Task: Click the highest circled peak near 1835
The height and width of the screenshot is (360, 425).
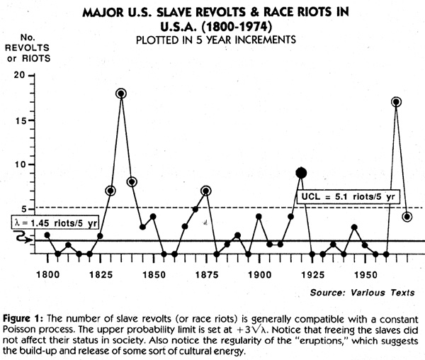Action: point(121,94)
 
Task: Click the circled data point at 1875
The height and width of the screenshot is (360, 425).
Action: point(206,191)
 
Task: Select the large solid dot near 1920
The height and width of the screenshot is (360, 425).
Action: point(302,173)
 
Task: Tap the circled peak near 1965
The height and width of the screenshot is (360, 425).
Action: point(396,102)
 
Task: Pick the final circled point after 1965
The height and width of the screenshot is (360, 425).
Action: point(407,217)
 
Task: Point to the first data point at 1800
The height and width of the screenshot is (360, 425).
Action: point(47,235)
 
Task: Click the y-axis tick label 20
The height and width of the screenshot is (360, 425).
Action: point(19,75)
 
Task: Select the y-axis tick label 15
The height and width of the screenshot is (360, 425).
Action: point(21,120)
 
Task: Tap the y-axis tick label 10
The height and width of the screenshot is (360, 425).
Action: point(21,164)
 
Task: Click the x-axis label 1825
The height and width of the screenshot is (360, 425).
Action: point(101,275)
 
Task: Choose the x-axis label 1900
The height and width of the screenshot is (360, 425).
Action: point(260,275)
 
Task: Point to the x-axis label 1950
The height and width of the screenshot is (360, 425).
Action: point(365,275)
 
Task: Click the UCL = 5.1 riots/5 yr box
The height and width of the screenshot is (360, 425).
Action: point(348,197)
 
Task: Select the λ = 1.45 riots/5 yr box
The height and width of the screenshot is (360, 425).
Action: point(55,223)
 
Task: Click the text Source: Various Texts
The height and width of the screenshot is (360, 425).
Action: point(362,293)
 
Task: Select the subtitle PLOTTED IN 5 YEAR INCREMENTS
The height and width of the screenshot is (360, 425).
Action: point(216,40)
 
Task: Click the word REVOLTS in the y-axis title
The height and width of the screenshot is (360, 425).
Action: point(27,47)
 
